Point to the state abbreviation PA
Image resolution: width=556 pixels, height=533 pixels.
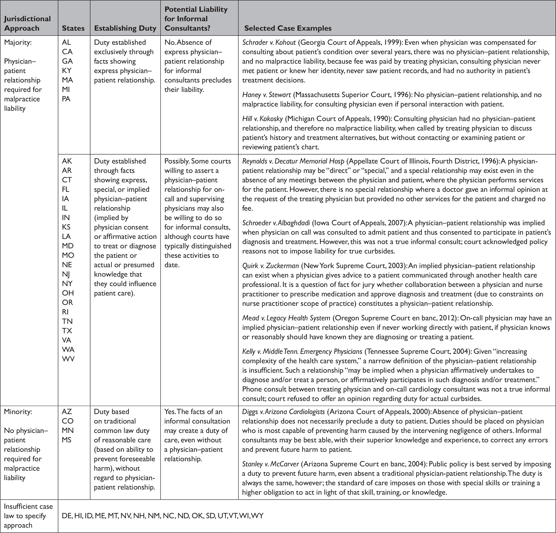66,99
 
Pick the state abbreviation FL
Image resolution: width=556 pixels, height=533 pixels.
66,189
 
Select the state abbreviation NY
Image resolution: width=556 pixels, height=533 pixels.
68,283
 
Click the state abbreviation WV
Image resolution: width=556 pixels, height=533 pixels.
68,359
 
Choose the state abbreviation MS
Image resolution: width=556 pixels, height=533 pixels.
67,440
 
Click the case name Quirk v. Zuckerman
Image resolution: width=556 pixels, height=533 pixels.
270,266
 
